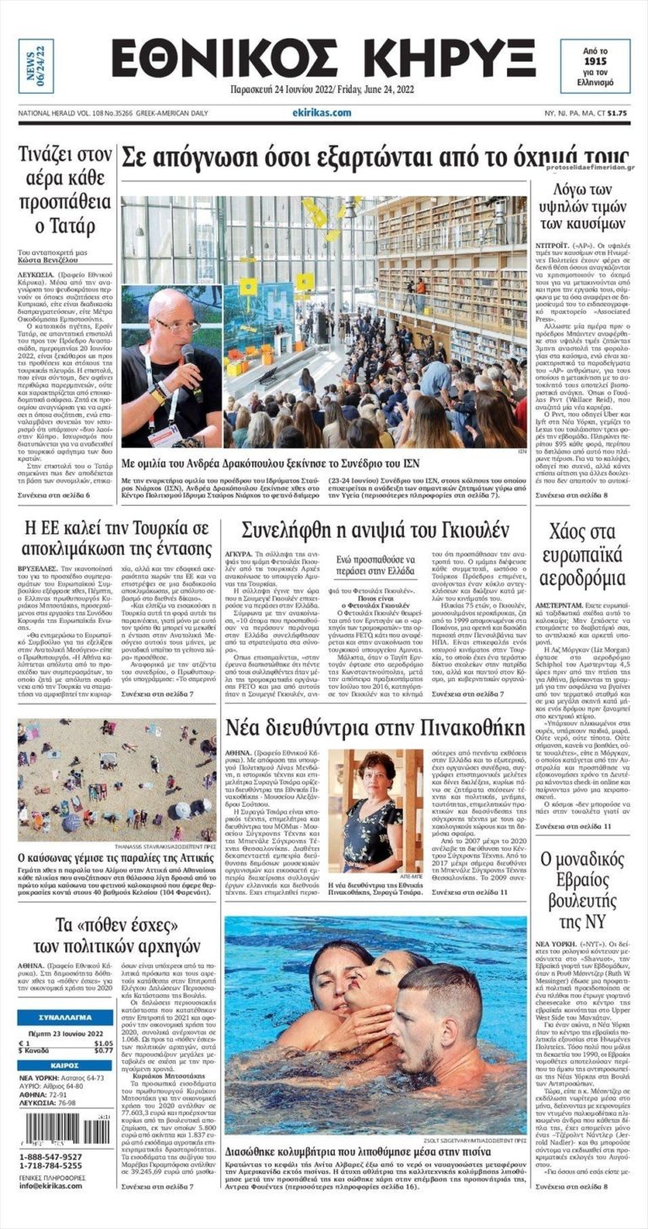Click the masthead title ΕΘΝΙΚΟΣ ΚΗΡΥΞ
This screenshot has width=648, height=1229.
pos(323,60)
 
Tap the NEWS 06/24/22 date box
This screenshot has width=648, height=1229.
pos(35,66)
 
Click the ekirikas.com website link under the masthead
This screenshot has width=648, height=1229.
pos(322,111)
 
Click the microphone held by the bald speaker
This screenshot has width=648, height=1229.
pos(187,352)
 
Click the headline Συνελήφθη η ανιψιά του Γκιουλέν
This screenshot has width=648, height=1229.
pos(375,531)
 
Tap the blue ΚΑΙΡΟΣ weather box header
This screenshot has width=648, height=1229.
pos(65,1065)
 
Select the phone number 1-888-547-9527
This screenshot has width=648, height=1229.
pos(52,1156)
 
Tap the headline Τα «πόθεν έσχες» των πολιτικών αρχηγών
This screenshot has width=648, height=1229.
pos(116,933)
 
